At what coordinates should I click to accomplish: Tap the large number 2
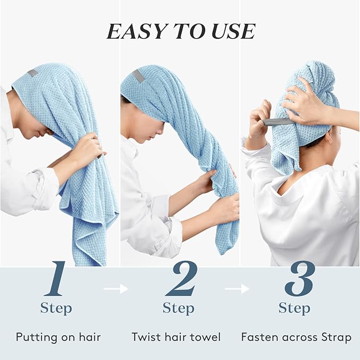point(181,279)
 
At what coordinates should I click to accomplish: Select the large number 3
point(300,279)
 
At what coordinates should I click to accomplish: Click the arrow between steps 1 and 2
point(116,289)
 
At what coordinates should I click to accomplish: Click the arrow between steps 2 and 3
point(236,289)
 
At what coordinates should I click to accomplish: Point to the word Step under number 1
point(57,308)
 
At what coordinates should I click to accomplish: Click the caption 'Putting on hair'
point(58,337)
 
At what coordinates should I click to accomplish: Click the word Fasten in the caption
point(258,337)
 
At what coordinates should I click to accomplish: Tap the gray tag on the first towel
point(33,74)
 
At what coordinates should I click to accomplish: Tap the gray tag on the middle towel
point(138,75)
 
